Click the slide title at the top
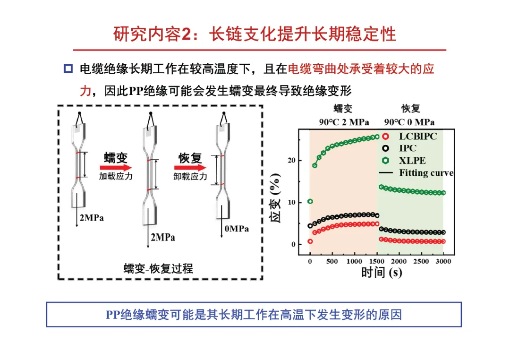point(255,34)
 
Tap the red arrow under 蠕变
point(116,167)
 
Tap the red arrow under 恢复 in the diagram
point(190,167)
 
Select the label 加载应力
point(116,177)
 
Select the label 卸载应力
point(190,177)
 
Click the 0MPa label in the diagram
point(237,229)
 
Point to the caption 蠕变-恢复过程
point(159,268)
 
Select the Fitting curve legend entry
point(425,173)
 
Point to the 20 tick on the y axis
point(292,161)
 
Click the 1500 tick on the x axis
point(376,261)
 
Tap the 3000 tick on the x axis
point(443,261)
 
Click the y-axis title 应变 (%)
point(277,199)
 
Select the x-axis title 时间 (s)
point(382,273)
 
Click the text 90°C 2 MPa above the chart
point(343,122)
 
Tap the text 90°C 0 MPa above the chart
point(409,122)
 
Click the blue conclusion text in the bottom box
point(254,314)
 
